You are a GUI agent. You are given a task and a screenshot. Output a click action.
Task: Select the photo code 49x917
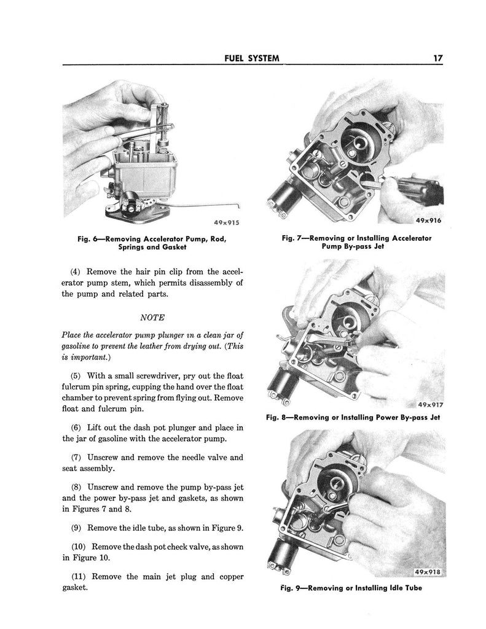click(x=429, y=405)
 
